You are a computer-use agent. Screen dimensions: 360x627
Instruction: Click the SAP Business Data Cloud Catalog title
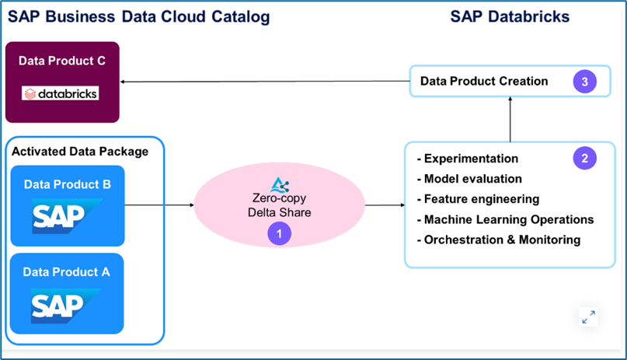click(x=139, y=17)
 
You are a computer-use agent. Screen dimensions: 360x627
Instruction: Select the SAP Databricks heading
click(x=510, y=17)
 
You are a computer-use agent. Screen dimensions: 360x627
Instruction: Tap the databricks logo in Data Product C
click(x=61, y=94)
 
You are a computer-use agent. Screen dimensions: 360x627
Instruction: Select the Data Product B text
click(x=68, y=184)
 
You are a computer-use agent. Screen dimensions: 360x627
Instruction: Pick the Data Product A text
click(x=68, y=271)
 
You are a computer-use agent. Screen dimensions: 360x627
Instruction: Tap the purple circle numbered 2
click(x=584, y=158)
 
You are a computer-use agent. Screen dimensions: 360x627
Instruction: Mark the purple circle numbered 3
click(x=584, y=82)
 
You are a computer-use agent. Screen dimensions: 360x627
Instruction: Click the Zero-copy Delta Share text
click(x=279, y=204)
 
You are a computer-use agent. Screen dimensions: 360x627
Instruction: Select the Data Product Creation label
click(x=484, y=82)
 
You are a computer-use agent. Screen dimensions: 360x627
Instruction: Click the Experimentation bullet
click(x=468, y=159)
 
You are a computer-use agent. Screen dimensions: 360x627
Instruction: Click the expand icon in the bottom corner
click(x=588, y=316)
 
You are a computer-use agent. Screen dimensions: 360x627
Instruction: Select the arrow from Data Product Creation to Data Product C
click(x=264, y=82)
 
